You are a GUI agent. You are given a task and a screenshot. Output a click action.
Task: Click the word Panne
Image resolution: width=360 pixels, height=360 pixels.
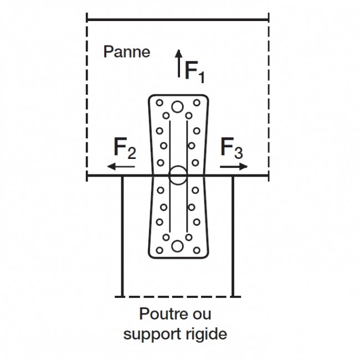(x=127, y=52)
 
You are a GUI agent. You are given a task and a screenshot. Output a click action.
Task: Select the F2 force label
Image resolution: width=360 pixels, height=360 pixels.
(x=125, y=148)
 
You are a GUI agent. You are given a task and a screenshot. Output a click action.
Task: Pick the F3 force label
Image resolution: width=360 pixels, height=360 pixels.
(x=232, y=148)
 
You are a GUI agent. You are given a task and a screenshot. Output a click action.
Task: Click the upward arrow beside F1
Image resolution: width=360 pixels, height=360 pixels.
(x=178, y=64)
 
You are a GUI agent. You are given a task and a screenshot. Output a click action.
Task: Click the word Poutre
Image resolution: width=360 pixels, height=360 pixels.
(x=159, y=314)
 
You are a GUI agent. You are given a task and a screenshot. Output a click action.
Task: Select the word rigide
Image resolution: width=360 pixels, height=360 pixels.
(x=208, y=335)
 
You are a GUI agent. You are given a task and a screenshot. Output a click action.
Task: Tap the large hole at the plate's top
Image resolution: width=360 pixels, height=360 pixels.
(x=178, y=107)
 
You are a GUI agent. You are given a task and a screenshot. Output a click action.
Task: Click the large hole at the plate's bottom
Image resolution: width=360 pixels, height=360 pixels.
(x=178, y=246)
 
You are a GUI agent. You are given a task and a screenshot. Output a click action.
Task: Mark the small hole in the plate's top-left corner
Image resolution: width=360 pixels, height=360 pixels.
(x=160, y=102)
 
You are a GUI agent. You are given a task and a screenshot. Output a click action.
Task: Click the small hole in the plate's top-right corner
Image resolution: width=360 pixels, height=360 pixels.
(x=197, y=102)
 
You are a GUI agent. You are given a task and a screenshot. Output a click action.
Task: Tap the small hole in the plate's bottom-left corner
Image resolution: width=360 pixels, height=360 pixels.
(x=160, y=251)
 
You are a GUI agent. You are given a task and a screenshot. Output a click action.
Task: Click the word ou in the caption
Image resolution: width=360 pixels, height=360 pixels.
(x=203, y=314)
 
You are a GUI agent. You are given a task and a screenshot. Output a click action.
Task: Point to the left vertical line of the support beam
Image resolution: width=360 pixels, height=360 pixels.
(x=122, y=235)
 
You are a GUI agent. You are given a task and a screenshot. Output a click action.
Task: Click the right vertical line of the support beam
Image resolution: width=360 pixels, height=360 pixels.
(x=233, y=235)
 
